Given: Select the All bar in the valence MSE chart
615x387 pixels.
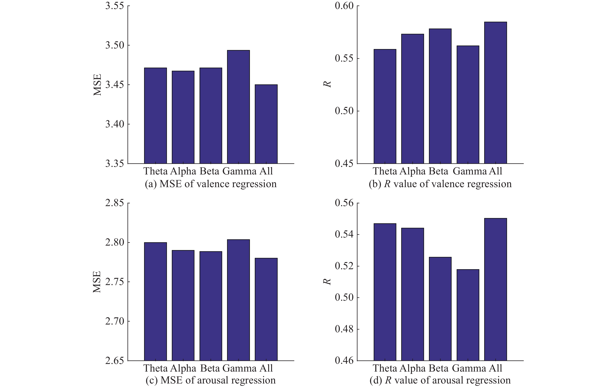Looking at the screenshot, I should point(266,124).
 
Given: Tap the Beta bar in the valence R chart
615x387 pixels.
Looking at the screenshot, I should point(440,96).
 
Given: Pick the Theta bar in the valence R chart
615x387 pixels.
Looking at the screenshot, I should point(385,106).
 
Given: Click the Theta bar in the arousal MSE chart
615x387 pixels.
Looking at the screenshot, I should point(155,302).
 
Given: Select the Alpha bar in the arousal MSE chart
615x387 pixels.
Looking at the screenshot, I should point(183,306).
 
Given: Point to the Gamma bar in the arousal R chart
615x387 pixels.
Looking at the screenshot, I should point(468,315).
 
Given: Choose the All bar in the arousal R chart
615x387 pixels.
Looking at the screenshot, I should point(496,289).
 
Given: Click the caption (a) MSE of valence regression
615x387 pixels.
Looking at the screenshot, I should point(211,184).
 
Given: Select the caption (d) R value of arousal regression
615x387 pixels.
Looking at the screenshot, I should point(440,380).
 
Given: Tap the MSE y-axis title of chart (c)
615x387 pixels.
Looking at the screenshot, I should point(97,282).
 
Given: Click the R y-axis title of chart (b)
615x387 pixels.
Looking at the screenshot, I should point(327,84).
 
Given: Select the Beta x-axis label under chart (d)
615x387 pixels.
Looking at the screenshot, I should point(439,368).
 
